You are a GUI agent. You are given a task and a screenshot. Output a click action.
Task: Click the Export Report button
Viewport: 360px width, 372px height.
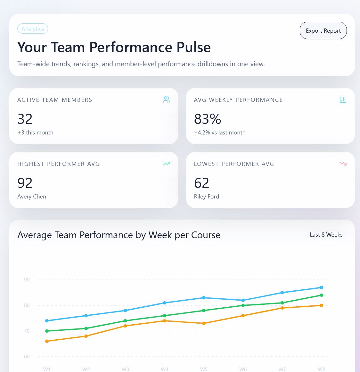point(323,31)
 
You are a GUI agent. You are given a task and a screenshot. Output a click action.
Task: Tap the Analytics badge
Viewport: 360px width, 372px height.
point(33,29)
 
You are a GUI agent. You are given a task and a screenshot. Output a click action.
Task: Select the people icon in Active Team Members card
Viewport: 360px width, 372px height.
point(167,100)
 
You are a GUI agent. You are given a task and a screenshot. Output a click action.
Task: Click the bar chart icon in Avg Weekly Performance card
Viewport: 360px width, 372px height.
point(343,100)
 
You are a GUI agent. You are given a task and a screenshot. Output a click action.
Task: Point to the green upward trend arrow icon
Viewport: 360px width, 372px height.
point(167,164)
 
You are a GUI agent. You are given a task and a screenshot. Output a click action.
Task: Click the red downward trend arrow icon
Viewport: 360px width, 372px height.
point(343,164)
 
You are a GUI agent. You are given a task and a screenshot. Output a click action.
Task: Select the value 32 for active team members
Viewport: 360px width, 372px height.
point(25,119)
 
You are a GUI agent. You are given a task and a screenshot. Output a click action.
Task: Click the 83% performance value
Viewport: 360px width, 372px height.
point(208,119)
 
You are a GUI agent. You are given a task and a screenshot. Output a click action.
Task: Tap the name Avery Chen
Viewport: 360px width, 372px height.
point(32,197)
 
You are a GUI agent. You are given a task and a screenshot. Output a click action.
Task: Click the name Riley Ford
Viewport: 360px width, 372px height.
point(207,197)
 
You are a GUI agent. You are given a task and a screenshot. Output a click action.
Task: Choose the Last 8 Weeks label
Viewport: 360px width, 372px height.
point(326,235)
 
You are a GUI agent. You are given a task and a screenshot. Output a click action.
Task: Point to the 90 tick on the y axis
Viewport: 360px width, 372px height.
point(27,280)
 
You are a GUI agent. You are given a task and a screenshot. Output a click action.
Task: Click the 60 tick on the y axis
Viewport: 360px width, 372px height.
point(27,357)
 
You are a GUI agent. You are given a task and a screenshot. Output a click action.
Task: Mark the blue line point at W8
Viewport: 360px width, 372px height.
point(322,287)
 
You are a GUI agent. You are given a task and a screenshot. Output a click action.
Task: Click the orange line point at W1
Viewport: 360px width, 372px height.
point(47,341)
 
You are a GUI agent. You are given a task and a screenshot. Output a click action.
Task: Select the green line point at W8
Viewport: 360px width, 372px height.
point(322,295)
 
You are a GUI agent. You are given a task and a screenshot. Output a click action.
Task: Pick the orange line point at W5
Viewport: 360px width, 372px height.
point(204,323)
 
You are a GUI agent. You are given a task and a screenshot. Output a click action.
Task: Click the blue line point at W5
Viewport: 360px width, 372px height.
point(204,298)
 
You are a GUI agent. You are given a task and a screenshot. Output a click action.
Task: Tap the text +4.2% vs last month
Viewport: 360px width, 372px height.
point(220,133)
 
